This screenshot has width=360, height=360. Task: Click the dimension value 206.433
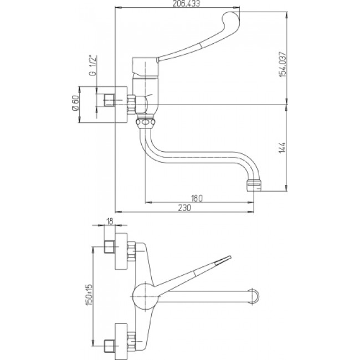coord(186,3)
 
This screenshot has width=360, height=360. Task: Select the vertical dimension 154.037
coord(283,64)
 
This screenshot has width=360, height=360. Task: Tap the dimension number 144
coord(283,148)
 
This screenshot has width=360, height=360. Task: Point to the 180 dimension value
coord(197,198)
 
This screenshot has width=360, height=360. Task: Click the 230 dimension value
coord(184,208)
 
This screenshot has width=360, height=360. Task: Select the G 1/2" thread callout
coord(92,65)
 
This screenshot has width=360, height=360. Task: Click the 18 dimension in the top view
coord(110,222)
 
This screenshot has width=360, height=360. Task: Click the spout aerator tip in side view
coord(254,186)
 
